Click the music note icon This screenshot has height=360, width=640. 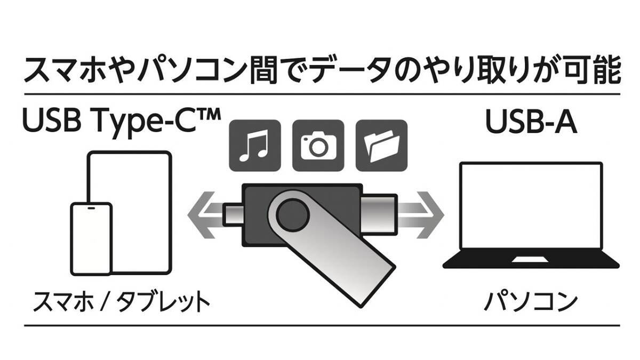pos(255,146)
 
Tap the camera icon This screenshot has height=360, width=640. pos(318,146)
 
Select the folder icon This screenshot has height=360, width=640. pos(381,146)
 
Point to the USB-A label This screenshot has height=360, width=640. pos(531,122)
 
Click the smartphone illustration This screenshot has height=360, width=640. pos(91,239)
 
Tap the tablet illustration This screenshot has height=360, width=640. pos(130,212)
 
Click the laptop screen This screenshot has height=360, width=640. pos(531,206)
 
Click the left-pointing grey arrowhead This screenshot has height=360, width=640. pos(202,215)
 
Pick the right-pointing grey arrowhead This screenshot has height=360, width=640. pos(430,215)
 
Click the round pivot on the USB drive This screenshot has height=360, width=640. pos(293,215)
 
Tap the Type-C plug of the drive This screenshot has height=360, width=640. pos(233,215)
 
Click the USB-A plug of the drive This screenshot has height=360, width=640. pos(380,215)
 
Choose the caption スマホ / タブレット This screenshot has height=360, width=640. pos(122,302)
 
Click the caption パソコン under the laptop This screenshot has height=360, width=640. pos(531,302)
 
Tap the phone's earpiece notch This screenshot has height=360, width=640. pos(91,208)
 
